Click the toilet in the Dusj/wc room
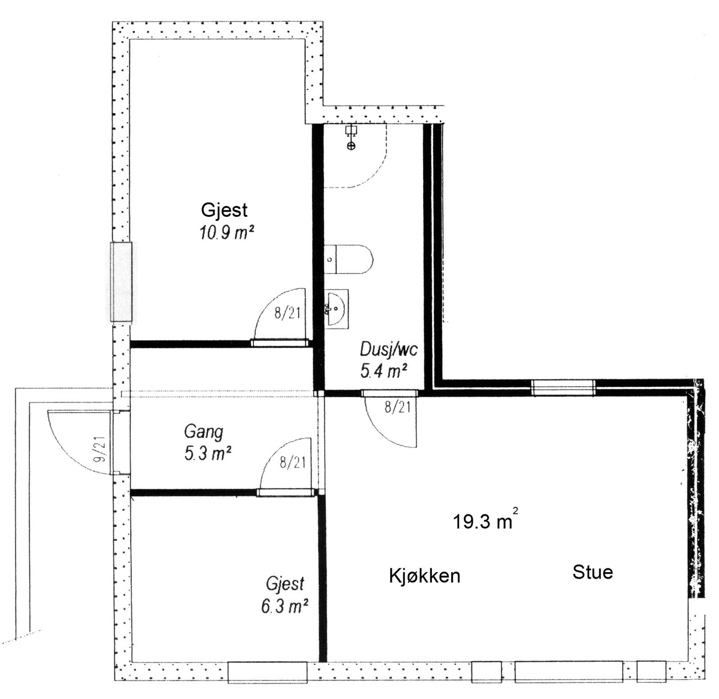click(349, 259)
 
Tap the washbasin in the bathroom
click(337, 308)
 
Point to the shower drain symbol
click(351, 146)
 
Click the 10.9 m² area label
click(227, 233)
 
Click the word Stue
click(593, 572)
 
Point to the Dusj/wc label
click(389, 349)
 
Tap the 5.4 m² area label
click(384, 371)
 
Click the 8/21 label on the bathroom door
click(398, 407)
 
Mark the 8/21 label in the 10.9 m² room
click(287, 314)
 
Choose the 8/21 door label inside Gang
click(292, 462)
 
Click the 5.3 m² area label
click(208, 453)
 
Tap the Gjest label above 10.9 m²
click(224, 211)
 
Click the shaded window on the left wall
click(122, 282)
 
